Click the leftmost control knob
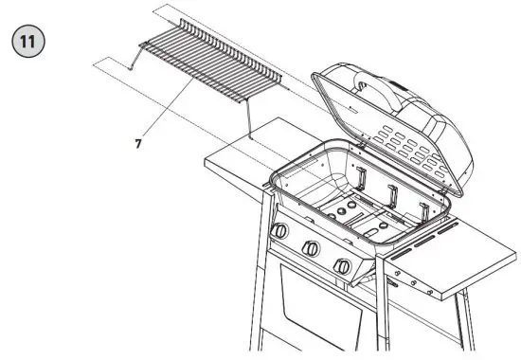point(280,232)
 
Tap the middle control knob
point(310,248)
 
